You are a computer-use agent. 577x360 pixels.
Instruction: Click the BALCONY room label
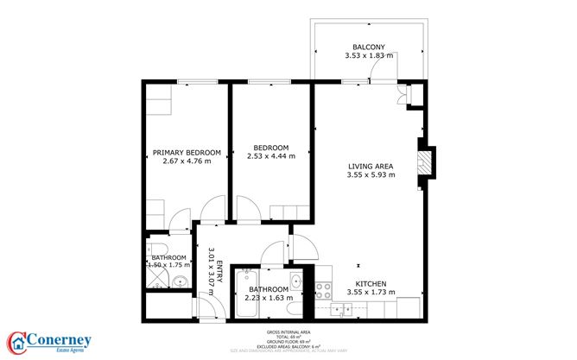(x=368, y=47)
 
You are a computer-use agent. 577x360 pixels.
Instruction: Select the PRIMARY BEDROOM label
(x=187, y=152)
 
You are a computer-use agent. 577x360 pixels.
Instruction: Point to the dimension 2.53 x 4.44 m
(x=270, y=156)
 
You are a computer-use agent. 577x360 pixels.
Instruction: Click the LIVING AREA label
(x=371, y=167)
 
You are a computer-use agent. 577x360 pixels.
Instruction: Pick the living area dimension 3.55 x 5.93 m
(x=371, y=176)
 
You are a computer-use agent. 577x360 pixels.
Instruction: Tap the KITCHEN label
(x=371, y=284)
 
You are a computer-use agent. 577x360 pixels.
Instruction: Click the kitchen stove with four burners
(x=325, y=291)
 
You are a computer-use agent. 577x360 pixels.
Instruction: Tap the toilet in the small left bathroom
(x=181, y=281)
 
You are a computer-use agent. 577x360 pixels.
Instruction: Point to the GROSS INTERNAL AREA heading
(x=288, y=332)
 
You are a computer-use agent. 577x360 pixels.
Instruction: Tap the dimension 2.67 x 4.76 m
(x=187, y=161)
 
